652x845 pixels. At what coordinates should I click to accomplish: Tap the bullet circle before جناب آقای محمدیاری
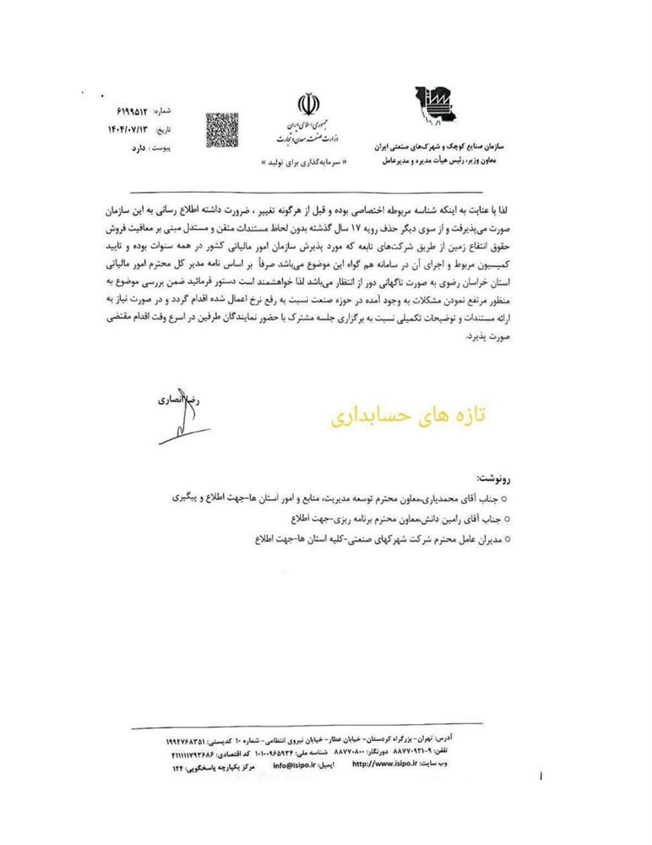(x=505, y=499)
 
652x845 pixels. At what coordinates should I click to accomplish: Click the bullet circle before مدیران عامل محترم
(x=505, y=539)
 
